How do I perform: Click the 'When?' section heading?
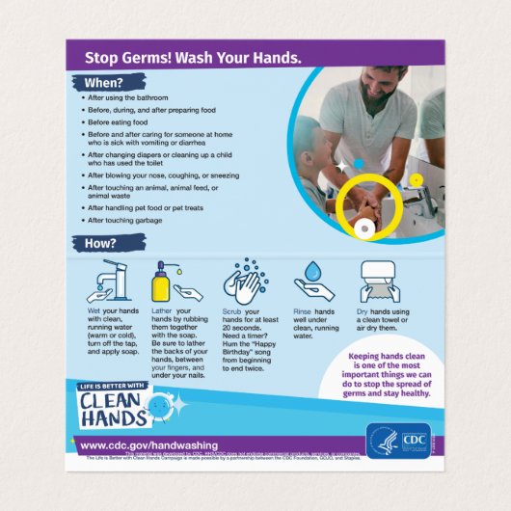[x=103, y=83]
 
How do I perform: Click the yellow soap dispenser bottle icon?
[x=160, y=282]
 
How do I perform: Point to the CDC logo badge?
[x=394, y=440]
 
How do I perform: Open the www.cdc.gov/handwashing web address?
[x=148, y=444]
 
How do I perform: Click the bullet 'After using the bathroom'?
[x=126, y=98]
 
